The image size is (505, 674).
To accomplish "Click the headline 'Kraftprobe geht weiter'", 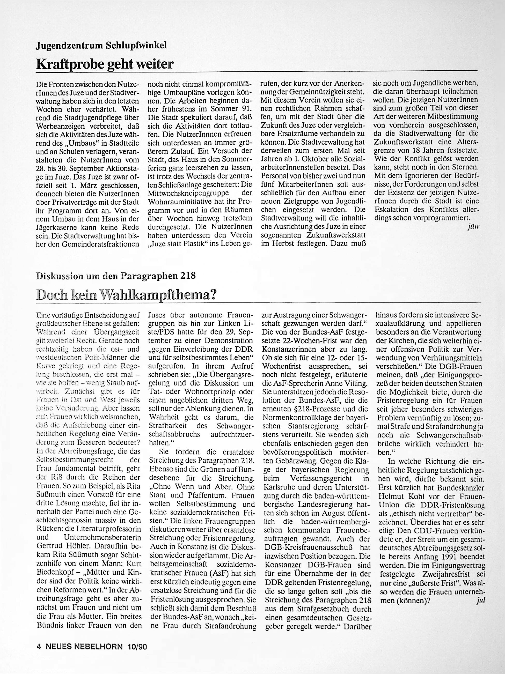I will point(105,64).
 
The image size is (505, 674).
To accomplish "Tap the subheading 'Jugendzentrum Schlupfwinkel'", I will point(101,46).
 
